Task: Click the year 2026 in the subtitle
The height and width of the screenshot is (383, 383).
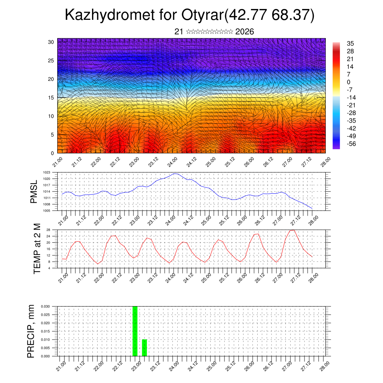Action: click(245, 32)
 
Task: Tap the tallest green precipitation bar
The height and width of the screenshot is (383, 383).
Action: click(135, 331)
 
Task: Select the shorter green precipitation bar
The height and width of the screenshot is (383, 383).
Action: click(144, 347)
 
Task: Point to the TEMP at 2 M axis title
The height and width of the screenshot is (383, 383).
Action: click(37, 248)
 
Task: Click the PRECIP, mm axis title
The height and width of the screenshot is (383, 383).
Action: click(31, 331)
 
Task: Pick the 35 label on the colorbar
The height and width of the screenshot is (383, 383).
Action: click(350, 43)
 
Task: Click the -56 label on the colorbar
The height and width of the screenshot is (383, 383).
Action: click(351, 144)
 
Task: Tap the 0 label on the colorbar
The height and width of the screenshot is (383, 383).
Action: click(349, 82)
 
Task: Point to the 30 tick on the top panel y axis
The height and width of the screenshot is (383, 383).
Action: click(51, 42)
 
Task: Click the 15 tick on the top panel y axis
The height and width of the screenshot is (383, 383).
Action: click(51, 98)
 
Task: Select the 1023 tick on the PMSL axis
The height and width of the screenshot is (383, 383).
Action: click(46, 172)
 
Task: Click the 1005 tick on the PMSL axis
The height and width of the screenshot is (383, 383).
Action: click(46, 211)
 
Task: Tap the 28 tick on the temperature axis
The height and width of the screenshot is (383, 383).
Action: click(48, 230)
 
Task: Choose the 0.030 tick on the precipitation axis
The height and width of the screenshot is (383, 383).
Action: click(45, 306)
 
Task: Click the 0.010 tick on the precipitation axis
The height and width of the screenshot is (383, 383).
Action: click(45, 340)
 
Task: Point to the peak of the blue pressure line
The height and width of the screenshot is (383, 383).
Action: click(175, 174)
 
